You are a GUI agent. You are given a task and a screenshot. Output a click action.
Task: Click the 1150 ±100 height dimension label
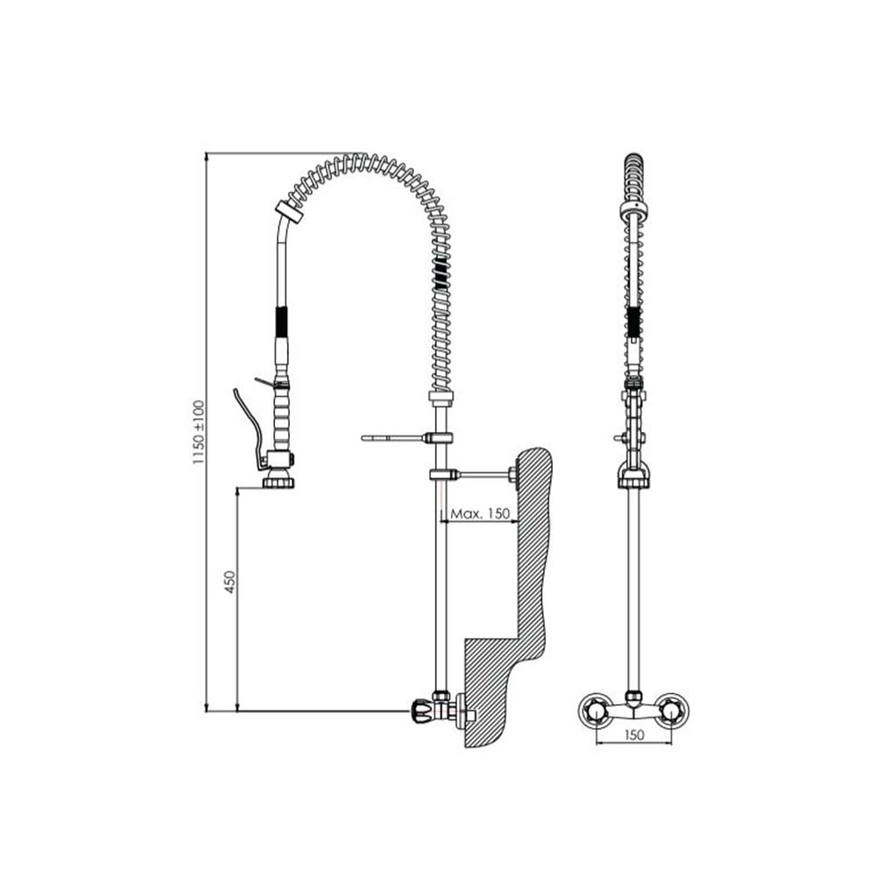tap(199, 433)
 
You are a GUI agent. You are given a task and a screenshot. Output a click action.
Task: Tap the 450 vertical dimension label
tap(230, 582)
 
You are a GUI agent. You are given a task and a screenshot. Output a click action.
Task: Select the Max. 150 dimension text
tap(480, 512)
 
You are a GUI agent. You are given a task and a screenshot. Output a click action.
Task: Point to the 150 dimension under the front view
tap(633, 735)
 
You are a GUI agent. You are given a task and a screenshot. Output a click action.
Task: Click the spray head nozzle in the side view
tap(279, 480)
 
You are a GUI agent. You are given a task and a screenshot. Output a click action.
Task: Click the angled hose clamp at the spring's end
tap(289, 211)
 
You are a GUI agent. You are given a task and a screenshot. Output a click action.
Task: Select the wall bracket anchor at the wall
tap(513, 475)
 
